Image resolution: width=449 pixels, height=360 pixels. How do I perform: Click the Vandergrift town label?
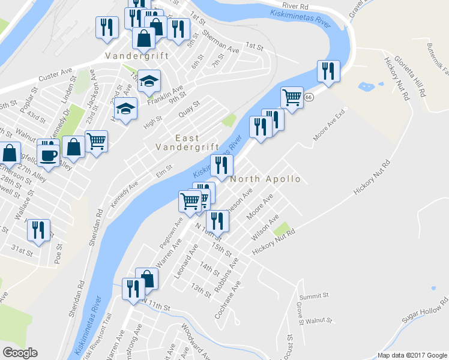pyautogui.click(x=137, y=56)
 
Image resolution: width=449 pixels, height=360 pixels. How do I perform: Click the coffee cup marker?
pyautogui.click(x=49, y=154)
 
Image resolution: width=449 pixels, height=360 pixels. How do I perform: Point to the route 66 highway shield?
pyautogui.click(x=309, y=97)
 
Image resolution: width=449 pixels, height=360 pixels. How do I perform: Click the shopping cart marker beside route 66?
pyautogui.click(x=292, y=97)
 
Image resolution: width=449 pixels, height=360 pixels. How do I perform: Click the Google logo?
pyautogui.click(x=20, y=353)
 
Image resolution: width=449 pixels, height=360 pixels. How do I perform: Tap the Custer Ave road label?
pyautogui.click(x=55, y=78)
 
